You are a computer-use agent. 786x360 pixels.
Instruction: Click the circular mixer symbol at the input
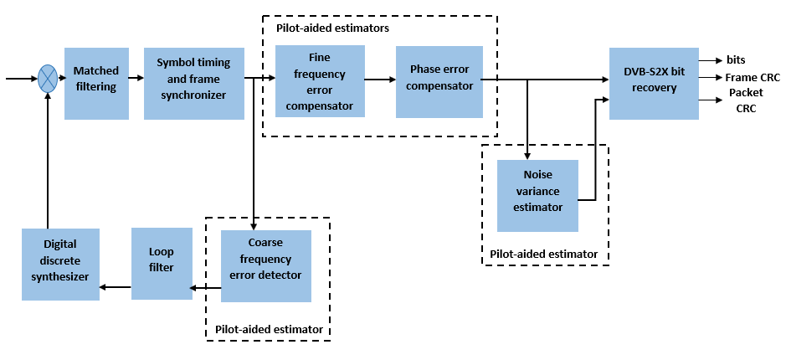point(49,80)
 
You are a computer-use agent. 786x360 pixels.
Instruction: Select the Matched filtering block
point(96,83)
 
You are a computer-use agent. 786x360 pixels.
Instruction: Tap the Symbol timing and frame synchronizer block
point(193,83)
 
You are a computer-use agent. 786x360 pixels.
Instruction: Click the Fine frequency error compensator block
point(319,82)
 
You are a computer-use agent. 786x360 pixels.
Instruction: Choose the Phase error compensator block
point(439,81)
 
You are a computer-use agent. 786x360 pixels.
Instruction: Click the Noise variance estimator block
point(537,195)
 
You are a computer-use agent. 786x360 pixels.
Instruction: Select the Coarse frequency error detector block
point(265,266)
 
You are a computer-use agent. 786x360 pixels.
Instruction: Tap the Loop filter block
point(161,263)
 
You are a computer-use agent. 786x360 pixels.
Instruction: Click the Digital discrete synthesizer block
point(60,265)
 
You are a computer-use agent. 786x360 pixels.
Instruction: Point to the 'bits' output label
point(737,60)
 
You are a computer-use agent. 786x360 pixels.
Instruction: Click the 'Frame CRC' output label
point(752,78)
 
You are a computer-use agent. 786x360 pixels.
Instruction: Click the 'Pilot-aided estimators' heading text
point(332,28)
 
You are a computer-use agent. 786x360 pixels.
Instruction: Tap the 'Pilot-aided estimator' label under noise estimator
point(544,254)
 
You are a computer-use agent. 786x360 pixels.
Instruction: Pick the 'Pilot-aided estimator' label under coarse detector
point(269,329)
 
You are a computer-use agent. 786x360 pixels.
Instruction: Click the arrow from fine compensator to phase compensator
point(380,80)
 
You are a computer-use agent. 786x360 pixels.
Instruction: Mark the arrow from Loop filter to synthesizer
point(116,288)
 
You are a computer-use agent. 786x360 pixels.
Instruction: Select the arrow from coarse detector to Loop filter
point(205,288)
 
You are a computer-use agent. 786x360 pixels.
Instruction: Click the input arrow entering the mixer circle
point(21,80)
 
